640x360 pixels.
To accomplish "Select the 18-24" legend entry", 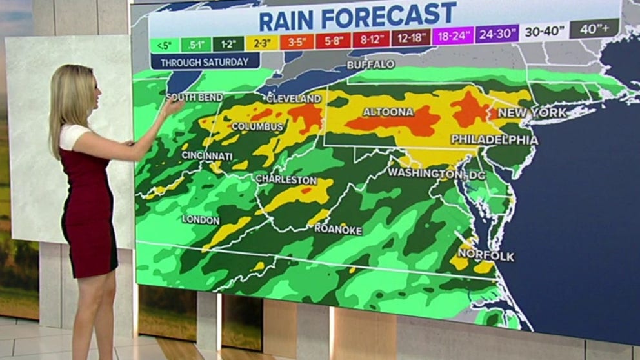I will [453, 35].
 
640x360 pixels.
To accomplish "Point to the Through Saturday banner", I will [205, 63].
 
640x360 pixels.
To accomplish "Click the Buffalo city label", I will [370, 65].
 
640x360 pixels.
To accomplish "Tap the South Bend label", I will [194, 97].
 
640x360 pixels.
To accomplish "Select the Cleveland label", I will [294, 99].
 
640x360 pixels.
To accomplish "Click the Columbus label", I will [257, 126].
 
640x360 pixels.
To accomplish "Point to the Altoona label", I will [388, 112].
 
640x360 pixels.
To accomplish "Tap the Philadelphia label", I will [494, 139].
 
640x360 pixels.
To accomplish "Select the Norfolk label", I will [486, 256].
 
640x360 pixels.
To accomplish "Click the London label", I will [200, 219].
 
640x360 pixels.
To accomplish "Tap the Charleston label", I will [286, 179].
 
